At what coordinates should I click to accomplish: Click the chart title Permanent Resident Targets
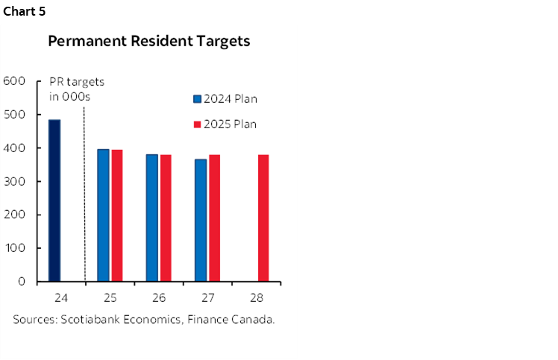(148, 42)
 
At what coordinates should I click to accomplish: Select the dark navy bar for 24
(54, 200)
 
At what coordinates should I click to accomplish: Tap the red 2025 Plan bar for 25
(117, 215)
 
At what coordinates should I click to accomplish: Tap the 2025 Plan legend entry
(225, 124)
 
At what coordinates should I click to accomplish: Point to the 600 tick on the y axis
(15, 81)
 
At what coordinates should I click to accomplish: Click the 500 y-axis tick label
(15, 115)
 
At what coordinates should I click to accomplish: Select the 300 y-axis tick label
(15, 182)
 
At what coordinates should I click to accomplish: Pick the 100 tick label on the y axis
(15, 248)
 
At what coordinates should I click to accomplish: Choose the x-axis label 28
(256, 298)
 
